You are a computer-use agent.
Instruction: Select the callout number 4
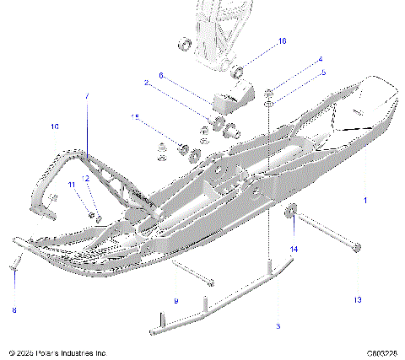point(320,60)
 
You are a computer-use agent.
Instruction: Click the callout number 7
point(86,98)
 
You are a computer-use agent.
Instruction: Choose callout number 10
point(55,126)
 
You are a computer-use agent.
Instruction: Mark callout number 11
point(72,185)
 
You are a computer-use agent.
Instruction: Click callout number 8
point(13,310)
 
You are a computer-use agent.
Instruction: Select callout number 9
point(175,301)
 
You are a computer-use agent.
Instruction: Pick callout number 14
point(294,249)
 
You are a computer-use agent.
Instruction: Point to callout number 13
point(357,299)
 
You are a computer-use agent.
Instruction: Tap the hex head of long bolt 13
point(358,248)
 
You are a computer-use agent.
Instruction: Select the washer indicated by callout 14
point(292,212)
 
